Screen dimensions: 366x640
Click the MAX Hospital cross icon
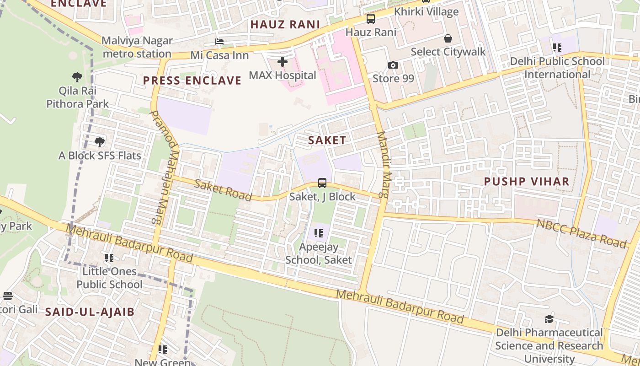[283, 62]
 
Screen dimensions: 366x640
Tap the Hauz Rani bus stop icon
[370, 19]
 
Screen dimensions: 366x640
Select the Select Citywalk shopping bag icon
[448, 38]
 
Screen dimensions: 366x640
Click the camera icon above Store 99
[393, 65]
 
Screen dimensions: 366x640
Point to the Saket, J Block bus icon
[322, 183]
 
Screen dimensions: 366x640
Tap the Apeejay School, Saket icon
[319, 233]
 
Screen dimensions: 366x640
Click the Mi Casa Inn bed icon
[219, 42]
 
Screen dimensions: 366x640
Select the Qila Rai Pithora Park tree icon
[77, 77]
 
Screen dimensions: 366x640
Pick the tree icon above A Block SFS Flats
[99, 142]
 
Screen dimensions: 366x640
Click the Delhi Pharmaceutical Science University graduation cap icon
[549, 319]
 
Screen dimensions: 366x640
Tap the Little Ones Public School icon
[109, 258]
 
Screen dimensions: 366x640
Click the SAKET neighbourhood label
[327, 140]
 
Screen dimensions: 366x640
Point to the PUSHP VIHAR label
[527, 181]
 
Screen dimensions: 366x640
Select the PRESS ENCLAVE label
[192, 81]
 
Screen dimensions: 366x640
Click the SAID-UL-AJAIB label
[90, 312]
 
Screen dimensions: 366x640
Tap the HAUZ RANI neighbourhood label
[285, 25]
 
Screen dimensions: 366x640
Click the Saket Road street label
[223, 190]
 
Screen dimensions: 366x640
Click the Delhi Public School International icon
[557, 47]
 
